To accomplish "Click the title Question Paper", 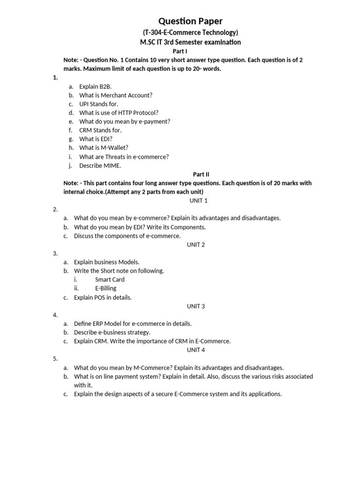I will click(190, 21).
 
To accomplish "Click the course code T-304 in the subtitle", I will click(155, 32).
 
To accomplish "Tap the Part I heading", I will click(180, 51).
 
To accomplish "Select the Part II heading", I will click(201, 174).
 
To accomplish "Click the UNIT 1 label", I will click(198, 201).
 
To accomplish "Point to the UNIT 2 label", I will click(196, 245).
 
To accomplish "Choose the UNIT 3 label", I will click(196, 306).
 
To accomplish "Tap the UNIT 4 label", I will click(196, 350).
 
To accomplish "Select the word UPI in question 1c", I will click(84, 104).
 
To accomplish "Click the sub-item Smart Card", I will click(110, 279).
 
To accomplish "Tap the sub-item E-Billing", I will click(106, 288).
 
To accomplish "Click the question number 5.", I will click(55, 359).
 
